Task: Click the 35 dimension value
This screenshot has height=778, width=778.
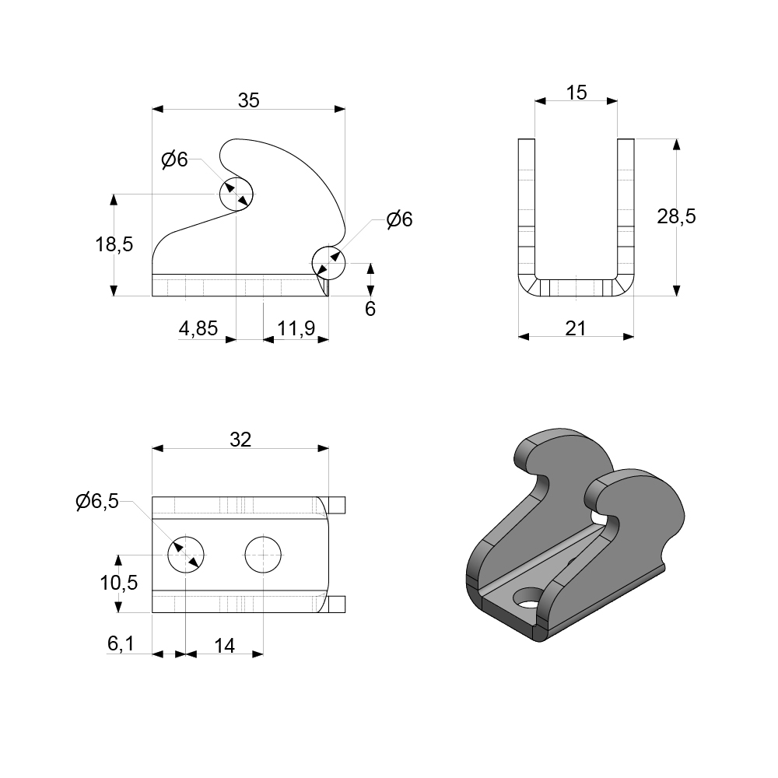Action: [248, 100]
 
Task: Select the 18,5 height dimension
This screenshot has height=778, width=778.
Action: [114, 244]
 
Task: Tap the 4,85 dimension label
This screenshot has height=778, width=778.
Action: [198, 329]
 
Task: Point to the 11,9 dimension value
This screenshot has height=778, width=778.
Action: [296, 329]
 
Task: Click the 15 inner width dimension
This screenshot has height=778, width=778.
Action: [576, 93]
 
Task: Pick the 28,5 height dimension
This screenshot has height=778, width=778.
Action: [676, 217]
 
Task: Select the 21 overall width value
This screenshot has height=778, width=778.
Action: [576, 329]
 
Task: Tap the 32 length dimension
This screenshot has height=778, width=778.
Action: [240, 440]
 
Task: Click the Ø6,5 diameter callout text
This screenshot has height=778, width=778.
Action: [97, 502]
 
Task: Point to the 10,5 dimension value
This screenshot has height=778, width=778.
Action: [119, 582]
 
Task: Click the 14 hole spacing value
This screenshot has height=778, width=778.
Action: [224, 645]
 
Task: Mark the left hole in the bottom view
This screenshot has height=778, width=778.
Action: [187, 555]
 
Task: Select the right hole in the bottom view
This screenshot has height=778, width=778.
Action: [263, 555]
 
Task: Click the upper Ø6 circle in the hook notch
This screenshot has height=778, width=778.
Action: [236, 194]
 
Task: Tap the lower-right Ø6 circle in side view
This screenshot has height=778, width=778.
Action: [328, 262]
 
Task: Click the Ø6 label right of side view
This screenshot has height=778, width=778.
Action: [398, 219]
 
